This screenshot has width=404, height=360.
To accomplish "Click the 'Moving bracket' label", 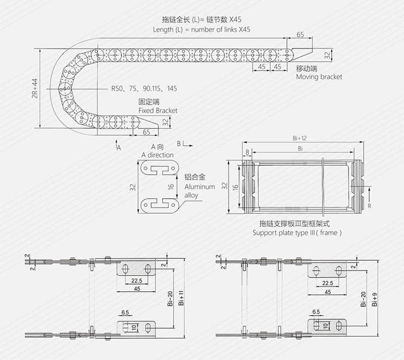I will (x=319, y=77).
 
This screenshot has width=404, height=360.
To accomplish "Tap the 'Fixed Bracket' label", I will (x=158, y=110).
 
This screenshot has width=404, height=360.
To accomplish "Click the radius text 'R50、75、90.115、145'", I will (x=144, y=88).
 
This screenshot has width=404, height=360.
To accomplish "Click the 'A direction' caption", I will (x=157, y=155).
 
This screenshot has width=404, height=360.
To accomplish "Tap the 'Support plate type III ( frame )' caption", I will (x=297, y=233).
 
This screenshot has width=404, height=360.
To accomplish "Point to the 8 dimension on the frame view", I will (x=247, y=152).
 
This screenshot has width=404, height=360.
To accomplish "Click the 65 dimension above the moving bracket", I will (x=300, y=35).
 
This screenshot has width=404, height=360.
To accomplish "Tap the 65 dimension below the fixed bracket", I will (x=146, y=132).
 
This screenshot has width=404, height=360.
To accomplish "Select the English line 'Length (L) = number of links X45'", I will (x=201, y=30).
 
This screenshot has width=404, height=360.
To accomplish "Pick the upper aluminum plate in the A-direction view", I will (x=160, y=168).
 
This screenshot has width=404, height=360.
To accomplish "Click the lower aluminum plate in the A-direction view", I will (x=160, y=204).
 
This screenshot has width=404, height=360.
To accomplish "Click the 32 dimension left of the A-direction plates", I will (x=132, y=187).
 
